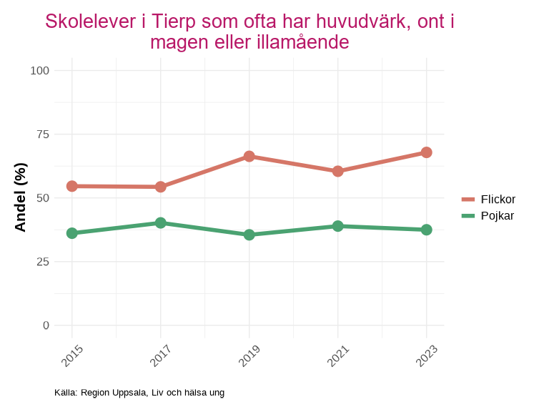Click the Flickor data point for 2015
click(x=71, y=186)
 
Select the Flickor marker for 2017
click(x=160, y=187)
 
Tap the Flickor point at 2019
click(x=249, y=156)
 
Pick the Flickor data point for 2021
click(x=337, y=171)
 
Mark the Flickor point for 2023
click(x=426, y=152)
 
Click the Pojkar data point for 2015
click(x=71, y=233)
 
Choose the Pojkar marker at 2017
click(x=160, y=222)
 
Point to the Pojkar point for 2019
click(x=249, y=235)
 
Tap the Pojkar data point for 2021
click(x=337, y=226)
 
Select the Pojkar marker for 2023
click(x=426, y=230)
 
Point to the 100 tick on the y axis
click(x=40, y=70)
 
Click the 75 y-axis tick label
click(x=44, y=134)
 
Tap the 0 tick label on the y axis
click(x=46, y=325)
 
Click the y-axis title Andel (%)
click(x=21, y=197)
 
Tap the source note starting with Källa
click(x=139, y=392)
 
